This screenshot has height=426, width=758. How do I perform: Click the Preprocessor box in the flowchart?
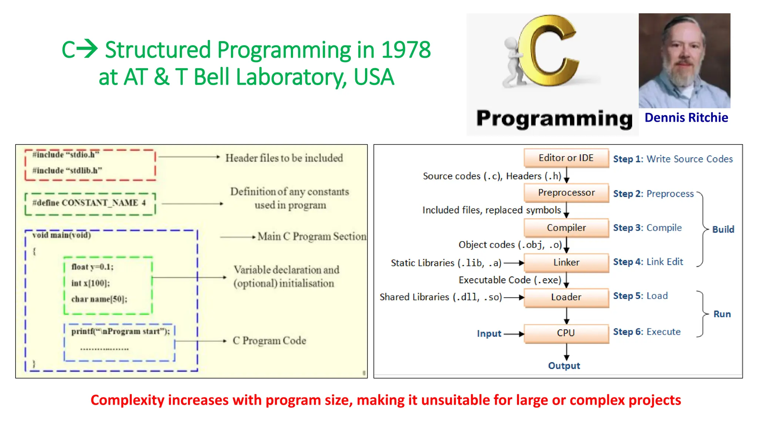point(566,193)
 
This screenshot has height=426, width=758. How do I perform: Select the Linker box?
point(566,263)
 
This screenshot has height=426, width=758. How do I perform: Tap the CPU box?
point(566,333)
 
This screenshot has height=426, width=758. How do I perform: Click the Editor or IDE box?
point(566,158)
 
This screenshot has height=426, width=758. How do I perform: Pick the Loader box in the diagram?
point(566,297)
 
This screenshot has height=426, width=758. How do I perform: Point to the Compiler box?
point(566,228)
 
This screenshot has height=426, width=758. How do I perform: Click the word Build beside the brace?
point(723,229)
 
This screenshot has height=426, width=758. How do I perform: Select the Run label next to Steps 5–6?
point(722,314)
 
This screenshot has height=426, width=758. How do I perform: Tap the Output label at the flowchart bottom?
point(564,366)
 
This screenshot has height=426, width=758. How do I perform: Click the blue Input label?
point(489,334)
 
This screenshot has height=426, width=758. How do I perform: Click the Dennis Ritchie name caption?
point(686,118)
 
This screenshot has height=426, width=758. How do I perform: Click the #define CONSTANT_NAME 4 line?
point(89,203)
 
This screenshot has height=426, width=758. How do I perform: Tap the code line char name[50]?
point(99,299)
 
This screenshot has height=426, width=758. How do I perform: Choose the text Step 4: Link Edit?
point(648,262)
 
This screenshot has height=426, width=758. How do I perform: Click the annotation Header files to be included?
point(284,158)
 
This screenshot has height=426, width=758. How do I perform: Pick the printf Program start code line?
point(120,331)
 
